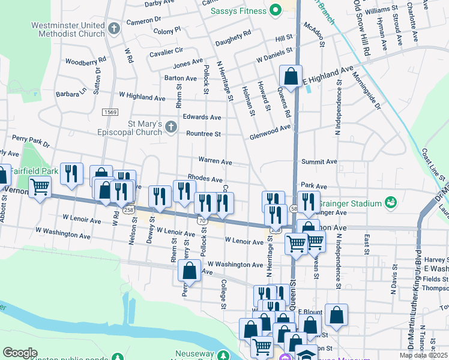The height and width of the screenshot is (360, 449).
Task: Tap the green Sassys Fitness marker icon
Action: point(276,10)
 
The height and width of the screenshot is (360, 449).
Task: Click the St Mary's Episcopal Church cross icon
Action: point(172,127)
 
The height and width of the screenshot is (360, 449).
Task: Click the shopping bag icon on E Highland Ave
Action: point(291,77)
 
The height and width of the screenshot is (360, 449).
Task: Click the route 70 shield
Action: point(203,221)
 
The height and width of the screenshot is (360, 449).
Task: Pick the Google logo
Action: point(20,353)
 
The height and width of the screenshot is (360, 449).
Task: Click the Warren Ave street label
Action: point(215,161)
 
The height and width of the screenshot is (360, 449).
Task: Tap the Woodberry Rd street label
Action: point(85,61)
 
